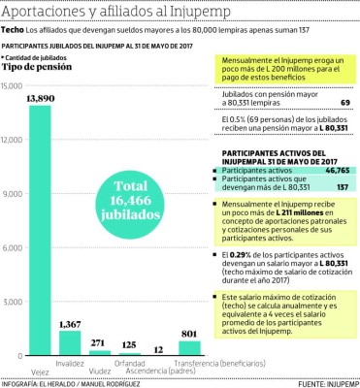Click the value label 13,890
pos(41,99)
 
